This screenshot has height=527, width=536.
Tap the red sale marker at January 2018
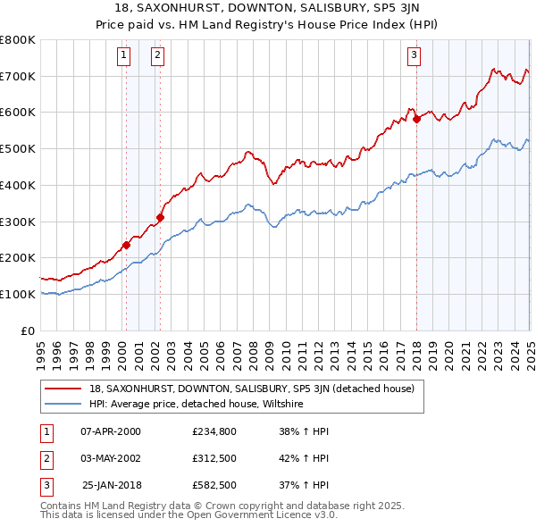click(x=416, y=118)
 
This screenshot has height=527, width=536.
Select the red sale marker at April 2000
click(x=126, y=245)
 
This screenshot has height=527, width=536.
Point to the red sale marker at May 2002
click(x=161, y=216)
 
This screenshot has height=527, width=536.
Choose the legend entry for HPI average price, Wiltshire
click(x=197, y=405)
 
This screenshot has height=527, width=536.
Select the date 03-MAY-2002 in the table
click(x=111, y=457)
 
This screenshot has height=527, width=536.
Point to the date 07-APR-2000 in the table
click(x=111, y=431)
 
